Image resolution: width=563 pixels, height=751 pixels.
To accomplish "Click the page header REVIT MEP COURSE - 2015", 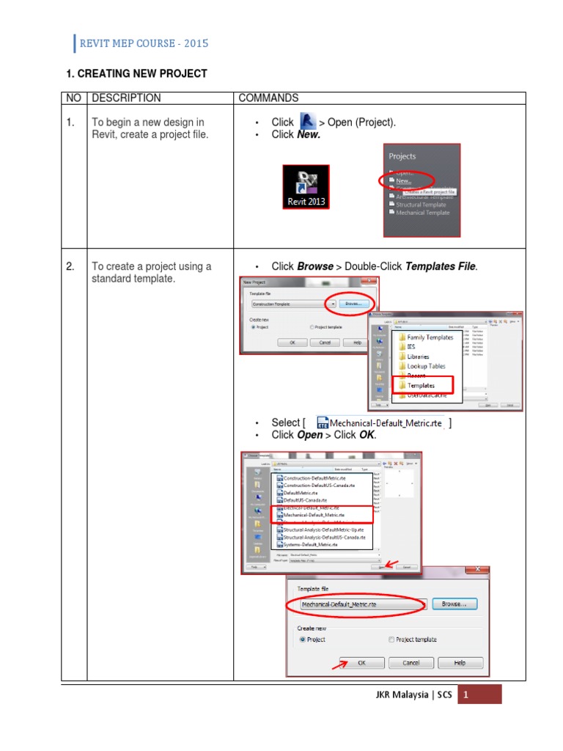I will pyautogui.click(x=144, y=43).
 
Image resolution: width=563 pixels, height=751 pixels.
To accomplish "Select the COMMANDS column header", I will pyautogui.click(x=268, y=98).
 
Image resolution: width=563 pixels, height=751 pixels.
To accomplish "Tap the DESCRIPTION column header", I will pyautogui.click(x=126, y=98).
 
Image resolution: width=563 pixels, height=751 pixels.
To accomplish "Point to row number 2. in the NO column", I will pyautogui.click(x=70, y=267).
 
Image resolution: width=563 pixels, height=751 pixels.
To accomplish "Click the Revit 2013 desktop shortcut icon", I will pyautogui.click(x=306, y=188).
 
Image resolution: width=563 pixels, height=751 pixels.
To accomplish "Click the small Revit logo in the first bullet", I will pyautogui.click(x=307, y=122).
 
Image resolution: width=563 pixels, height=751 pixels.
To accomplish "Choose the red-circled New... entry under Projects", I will pyautogui.click(x=404, y=180).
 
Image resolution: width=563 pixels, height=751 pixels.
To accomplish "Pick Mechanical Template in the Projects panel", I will pyautogui.click(x=423, y=213).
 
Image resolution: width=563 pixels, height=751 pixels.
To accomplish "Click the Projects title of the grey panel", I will pyautogui.click(x=402, y=156).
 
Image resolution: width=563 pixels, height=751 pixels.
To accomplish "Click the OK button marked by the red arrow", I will pyautogui.click(x=361, y=663).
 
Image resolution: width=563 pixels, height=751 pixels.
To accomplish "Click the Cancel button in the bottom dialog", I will pyautogui.click(x=411, y=663).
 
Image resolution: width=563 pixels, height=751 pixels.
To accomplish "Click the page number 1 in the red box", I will pyautogui.click(x=465, y=695).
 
